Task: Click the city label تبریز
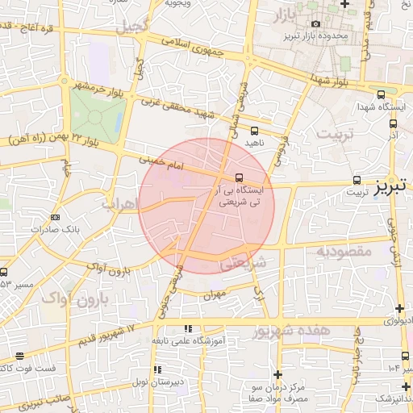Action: tap(391, 187)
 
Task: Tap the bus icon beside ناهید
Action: tap(255, 130)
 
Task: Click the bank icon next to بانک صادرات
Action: tap(55, 217)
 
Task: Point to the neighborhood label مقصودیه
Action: tap(343, 251)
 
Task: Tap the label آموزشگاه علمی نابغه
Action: tap(191, 341)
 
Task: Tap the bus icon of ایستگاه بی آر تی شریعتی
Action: tap(239, 177)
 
